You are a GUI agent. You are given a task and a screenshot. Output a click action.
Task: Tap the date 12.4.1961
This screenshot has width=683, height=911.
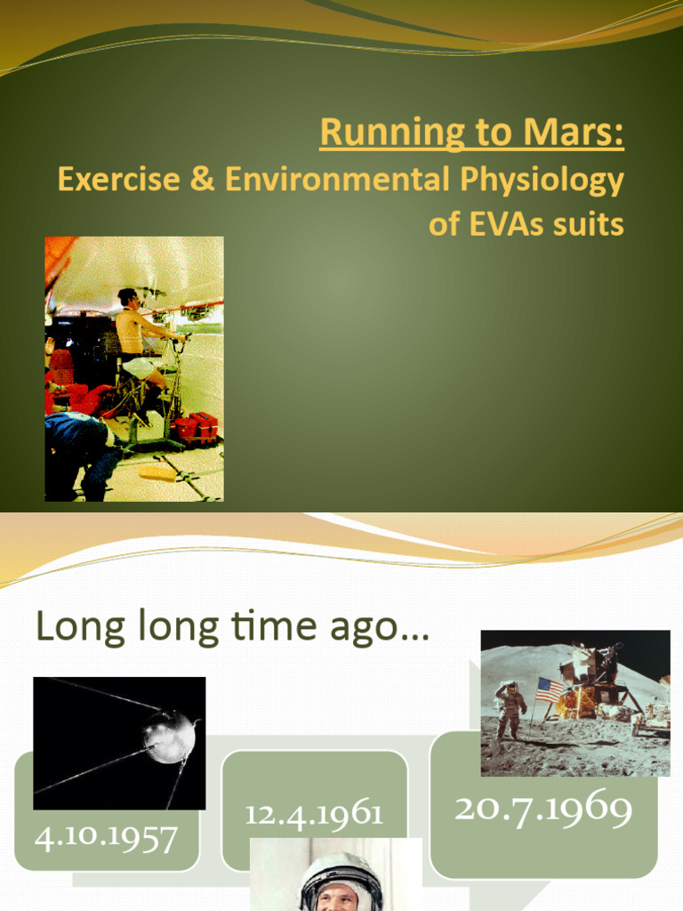point(314,813)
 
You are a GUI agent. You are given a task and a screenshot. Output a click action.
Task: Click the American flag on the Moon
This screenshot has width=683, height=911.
point(550,689)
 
